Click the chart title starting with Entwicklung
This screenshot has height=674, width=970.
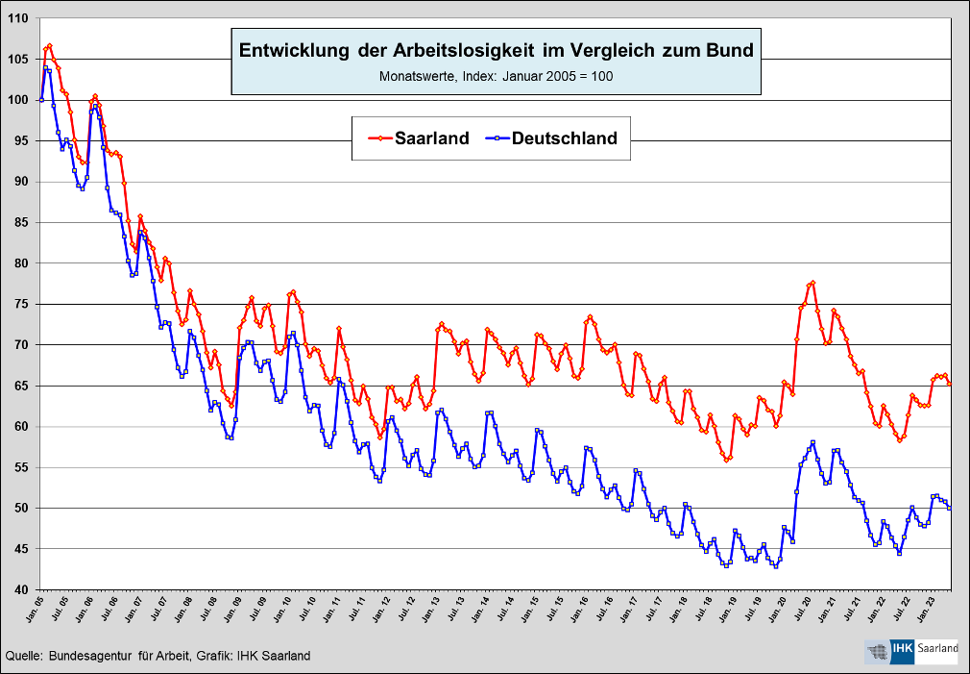click(496, 50)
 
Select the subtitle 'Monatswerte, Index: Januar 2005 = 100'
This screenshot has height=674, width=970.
click(496, 76)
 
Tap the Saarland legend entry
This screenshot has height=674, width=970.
click(419, 138)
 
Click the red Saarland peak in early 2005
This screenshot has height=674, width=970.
click(49, 45)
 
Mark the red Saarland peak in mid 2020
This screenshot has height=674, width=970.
click(812, 283)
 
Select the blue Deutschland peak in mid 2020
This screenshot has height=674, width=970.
click(812, 442)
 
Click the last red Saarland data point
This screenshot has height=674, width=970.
click(950, 384)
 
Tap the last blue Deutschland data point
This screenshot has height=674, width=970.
click(950, 508)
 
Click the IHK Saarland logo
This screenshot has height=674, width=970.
click(912, 650)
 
